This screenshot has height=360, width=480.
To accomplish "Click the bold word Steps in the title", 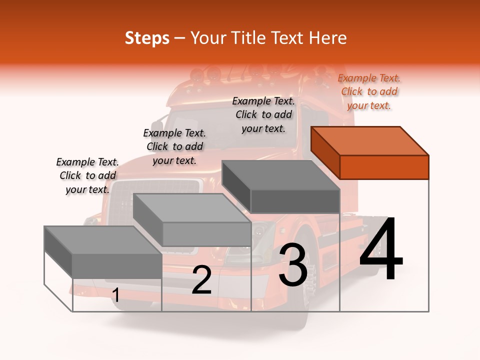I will click(x=147, y=38).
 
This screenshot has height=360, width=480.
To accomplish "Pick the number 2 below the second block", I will click(x=201, y=280).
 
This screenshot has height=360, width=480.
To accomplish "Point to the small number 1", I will click(x=115, y=295).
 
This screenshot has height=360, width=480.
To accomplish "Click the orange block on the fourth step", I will click(x=370, y=152).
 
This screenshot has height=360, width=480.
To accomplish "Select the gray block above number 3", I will click(x=281, y=186).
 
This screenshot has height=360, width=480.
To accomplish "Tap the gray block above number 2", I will click(x=192, y=219).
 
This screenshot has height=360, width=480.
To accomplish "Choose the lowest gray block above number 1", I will click(x=103, y=252).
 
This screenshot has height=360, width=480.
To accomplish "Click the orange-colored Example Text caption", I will click(x=369, y=91).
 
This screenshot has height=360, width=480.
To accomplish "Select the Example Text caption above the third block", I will click(x=263, y=114).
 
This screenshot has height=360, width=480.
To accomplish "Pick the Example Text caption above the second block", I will click(x=174, y=146).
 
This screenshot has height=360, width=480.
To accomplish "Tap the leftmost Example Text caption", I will click(x=87, y=175).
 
